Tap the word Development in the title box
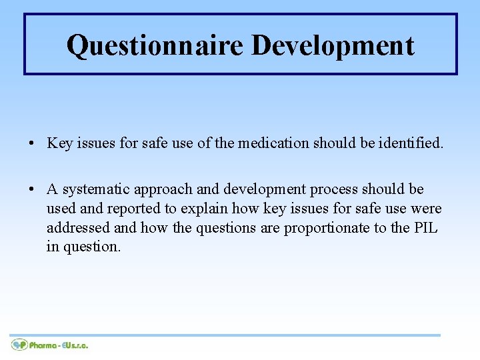[x=333, y=45]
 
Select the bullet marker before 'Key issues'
[x=33, y=143]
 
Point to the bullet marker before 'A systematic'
[x=33, y=190]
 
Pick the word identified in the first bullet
[x=409, y=143]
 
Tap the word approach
[x=161, y=190]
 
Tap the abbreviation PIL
[x=425, y=227]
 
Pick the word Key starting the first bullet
[x=59, y=143]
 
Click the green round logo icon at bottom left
[x=19, y=345]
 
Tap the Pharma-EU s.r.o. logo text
[x=59, y=345]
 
